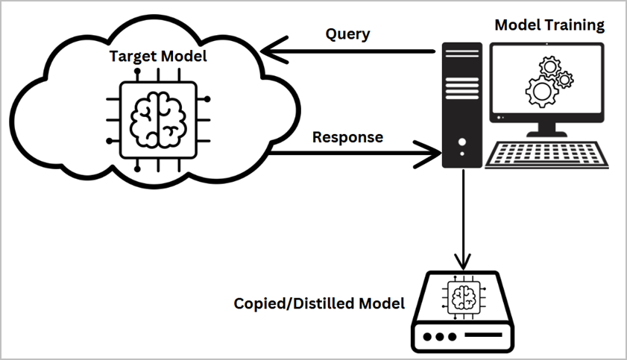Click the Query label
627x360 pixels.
(347, 34)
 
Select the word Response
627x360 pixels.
(347, 137)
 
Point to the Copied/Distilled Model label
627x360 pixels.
(319, 303)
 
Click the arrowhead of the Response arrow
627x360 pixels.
(432, 155)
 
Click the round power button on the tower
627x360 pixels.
(463, 142)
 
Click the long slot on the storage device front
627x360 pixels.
(491, 336)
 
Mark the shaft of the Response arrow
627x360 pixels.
(350, 155)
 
